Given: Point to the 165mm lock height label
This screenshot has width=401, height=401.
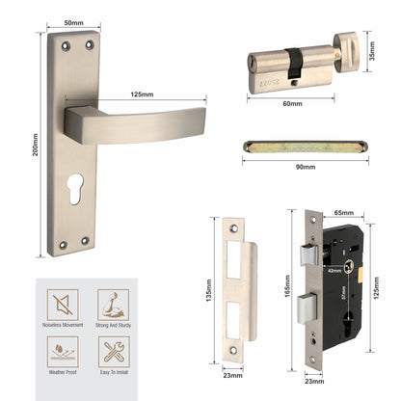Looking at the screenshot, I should pos(287,285).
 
